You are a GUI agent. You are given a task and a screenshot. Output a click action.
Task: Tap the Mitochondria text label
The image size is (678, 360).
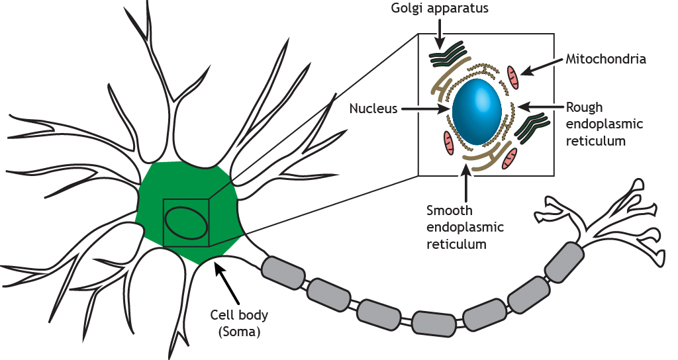pos(605,59)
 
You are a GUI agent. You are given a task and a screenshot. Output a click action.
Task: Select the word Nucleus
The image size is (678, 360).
pos(373,109)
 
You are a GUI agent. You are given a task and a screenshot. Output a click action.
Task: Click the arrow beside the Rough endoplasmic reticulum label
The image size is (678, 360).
pos(540,106)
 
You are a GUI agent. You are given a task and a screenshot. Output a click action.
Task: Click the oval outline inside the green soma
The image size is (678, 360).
pos(187,222)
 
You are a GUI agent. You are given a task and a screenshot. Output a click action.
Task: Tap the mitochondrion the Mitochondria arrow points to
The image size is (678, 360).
pos(514,77)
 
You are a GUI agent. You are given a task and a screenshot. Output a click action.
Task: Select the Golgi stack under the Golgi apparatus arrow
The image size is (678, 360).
pos(447,56)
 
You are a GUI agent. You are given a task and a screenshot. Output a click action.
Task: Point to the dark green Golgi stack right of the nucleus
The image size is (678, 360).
pos(534,127)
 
